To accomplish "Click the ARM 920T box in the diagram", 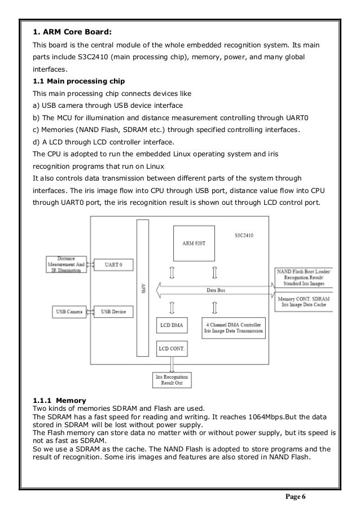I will [194, 242].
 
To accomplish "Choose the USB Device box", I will [113, 311].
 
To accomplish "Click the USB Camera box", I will [69, 311].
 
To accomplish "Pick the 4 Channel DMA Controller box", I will [234, 327].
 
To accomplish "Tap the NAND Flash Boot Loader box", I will [304, 277].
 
